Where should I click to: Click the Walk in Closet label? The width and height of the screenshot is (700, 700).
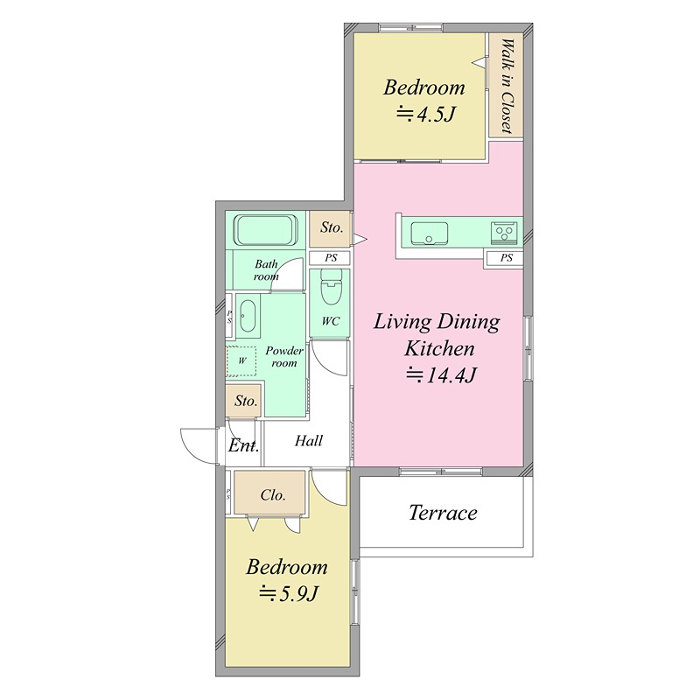pyautogui.click(x=507, y=86)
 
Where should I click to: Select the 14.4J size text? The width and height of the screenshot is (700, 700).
pyautogui.click(x=441, y=375)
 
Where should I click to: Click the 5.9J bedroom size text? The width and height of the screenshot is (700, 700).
pyautogui.click(x=289, y=594)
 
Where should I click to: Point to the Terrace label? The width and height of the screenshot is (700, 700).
pyautogui.click(x=443, y=513)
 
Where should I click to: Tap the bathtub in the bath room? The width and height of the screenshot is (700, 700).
pyautogui.click(x=266, y=230)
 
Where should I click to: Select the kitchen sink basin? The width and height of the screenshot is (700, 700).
pyautogui.click(x=429, y=234)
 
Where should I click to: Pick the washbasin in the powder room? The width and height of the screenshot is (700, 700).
pyautogui.click(x=248, y=315)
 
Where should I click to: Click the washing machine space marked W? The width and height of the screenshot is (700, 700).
pyautogui.click(x=241, y=360)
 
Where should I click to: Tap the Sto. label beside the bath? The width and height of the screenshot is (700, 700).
pyautogui.click(x=332, y=227)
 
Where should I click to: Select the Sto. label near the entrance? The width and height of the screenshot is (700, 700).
pyautogui.click(x=246, y=401)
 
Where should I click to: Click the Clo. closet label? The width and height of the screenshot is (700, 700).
pyautogui.click(x=273, y=495)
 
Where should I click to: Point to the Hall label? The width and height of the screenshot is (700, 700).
pyautogui.click(x=309, y=441)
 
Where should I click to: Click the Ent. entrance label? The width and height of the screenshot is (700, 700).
pyautogui.click(x=243, y=445)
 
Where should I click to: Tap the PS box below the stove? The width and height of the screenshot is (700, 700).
pyautogui.click(x=507, y=257)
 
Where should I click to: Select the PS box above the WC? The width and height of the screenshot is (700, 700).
pyautogui.click(x=331, y=257)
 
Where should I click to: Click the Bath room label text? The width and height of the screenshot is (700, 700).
pyautogui.click(x=266, y=270)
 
